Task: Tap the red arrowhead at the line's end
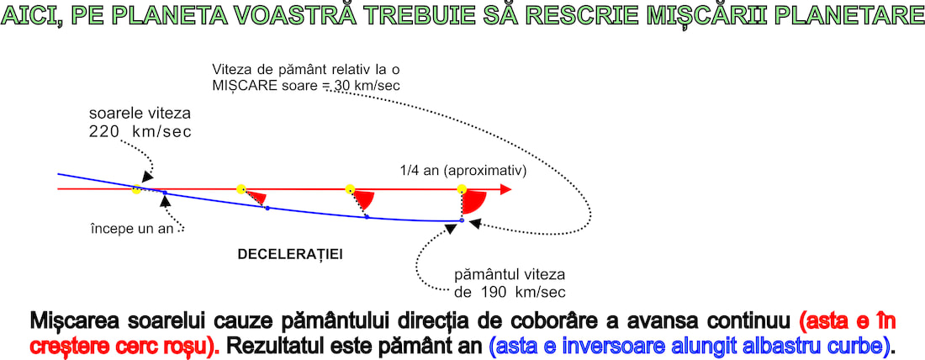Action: point(505,189)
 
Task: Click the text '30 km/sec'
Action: point(367,85)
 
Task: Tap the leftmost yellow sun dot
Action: point(136,190)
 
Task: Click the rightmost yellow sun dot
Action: point(462,189)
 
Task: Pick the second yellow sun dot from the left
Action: point(240,189)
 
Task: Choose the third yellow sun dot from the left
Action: point(350,189)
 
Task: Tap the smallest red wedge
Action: point(257,197)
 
